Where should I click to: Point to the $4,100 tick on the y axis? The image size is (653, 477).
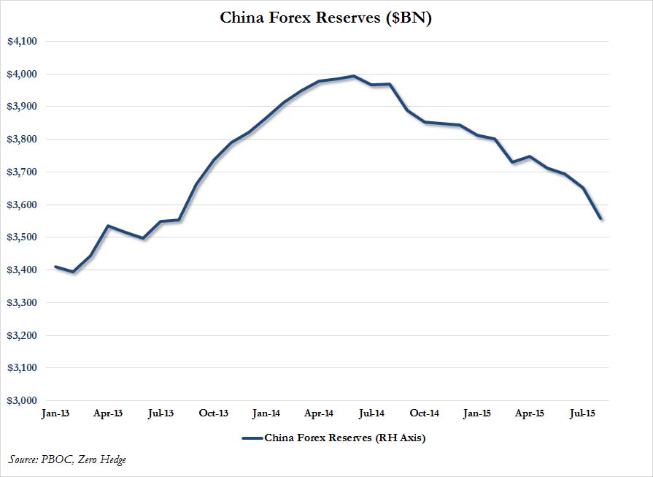(22, 42)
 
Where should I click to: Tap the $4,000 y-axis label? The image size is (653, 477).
(22, 74)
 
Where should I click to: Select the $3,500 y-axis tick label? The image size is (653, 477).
(22, 237)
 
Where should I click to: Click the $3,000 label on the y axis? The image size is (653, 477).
(22, 401)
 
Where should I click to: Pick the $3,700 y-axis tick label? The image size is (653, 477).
(22, 172)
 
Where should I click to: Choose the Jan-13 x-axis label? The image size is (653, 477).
(56, 413)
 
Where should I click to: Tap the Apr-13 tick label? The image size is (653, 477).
(109, 413)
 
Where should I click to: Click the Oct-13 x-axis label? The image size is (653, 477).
(214, 413)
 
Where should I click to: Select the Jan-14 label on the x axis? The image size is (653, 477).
(266, 413)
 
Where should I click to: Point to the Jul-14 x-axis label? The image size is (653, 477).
(371, 413)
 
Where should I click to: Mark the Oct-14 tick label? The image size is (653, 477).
(424, 413)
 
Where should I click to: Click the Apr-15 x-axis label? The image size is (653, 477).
(529, 413)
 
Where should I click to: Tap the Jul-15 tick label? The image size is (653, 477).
(581, 413)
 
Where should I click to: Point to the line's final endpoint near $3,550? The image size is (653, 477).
(600, 218)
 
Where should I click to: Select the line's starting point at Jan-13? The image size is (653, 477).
(55, 267)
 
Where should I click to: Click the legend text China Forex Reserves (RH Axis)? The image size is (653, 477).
(344, 438)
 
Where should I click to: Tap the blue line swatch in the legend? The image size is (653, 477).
(250, 438)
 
